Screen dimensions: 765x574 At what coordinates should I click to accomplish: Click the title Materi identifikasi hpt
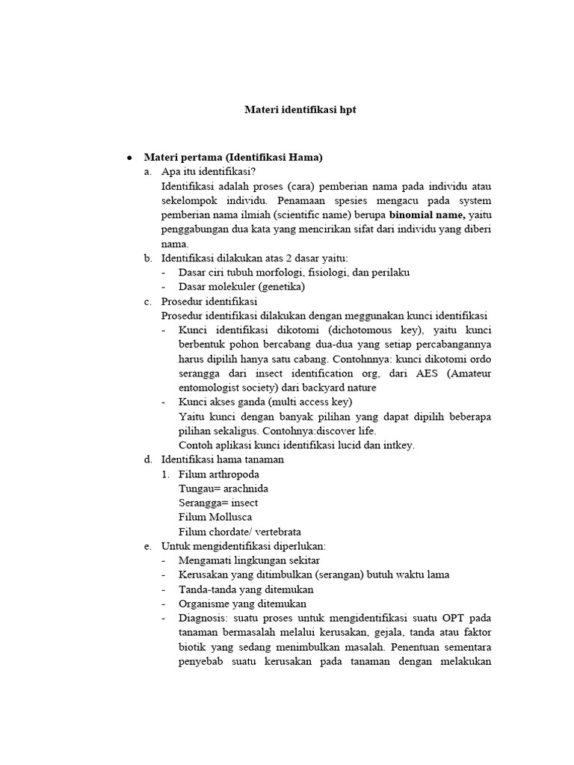point(300,110)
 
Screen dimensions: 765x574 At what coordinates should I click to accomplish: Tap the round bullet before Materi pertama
point(129,158)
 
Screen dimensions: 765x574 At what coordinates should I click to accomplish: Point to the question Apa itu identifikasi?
point(209,172)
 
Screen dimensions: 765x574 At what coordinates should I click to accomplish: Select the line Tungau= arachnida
point(223,489)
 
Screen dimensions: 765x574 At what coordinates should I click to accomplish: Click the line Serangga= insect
point(217,503)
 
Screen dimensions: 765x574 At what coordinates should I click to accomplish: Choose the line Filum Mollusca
point(215,517)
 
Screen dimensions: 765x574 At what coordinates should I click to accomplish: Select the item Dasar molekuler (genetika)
point(241,287)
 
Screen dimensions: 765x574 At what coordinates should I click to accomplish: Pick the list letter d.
point(148,459)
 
